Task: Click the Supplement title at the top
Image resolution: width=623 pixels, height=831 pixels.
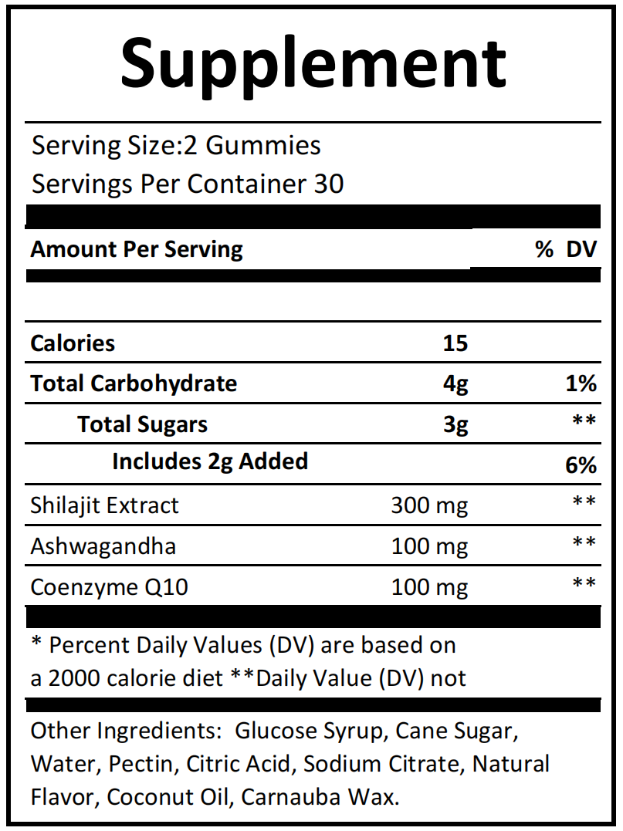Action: [x=313, y=62]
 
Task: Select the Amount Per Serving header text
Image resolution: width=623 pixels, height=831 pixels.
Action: [x=137, y=249]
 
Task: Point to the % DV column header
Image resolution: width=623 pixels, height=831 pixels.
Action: [x=567, y=249]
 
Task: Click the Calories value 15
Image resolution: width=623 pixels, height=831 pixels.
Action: [x=455, y=343]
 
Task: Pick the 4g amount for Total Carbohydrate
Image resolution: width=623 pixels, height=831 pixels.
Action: [x=456, y=383]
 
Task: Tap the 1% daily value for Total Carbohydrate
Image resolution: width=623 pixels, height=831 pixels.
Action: [x=581, y=383]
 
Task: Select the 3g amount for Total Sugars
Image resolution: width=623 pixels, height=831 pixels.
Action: [x=456, y=424]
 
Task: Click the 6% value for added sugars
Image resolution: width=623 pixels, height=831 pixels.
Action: [x=581, y=464]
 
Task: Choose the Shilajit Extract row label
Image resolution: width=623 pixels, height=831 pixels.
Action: [x=104, y=505]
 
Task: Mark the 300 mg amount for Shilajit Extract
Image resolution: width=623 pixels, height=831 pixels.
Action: [x=429, y=505]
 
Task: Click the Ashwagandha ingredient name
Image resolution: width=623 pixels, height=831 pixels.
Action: [x=103, y=546]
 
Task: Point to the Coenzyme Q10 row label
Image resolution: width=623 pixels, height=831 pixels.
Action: [x=109, y=587]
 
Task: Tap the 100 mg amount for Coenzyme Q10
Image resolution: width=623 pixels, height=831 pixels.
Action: [x=429, y=587]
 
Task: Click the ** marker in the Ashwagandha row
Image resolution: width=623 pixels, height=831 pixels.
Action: [x=584, y=543]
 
